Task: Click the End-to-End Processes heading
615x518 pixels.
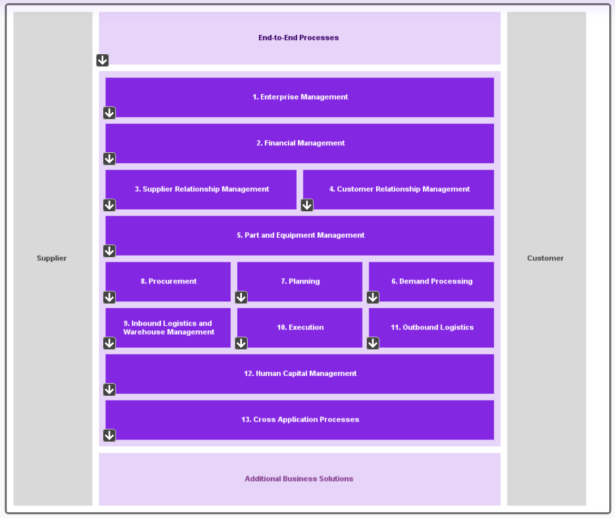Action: [x=298, y=38]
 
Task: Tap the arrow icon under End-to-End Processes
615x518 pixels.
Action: [x=102, y=60]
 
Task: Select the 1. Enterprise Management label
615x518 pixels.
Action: [x=300, y=97]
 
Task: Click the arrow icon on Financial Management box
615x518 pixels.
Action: [x=109, y=159]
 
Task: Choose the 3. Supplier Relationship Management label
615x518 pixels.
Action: [x=202, y=189]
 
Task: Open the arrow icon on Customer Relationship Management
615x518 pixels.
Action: [x=307, y=205]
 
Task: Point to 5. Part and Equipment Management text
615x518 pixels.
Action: [x=300, y=235]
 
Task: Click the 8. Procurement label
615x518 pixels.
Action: [x=169, y=281]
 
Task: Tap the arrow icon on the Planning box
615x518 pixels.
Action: [x=241, y=297]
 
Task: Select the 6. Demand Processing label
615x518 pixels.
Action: [x=432, y=281]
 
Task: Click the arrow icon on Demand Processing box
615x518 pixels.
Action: [x=373, y=297]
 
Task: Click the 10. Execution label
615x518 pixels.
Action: [x=300, y=327]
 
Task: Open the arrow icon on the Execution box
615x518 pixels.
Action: [x=241, y=343]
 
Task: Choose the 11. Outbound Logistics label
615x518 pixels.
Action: [x=432, y=327]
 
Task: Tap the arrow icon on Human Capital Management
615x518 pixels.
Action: [x=109, y=389]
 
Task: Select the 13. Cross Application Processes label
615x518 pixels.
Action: [x=300, y=419]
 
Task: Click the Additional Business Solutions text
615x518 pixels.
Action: [x=299, y=479]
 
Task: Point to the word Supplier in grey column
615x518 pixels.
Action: [x=52, y=258]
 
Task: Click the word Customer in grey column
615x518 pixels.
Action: [x=545, y=258]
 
